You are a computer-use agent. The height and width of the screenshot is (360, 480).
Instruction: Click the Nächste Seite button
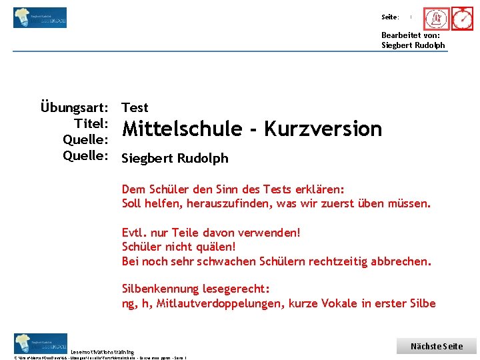[437, 346]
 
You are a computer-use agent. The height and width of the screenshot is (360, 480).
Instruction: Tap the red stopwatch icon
[462, 19]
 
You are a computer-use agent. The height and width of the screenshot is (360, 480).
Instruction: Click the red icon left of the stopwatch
[437, 19]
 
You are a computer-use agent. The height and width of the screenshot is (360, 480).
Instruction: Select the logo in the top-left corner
[40, 17]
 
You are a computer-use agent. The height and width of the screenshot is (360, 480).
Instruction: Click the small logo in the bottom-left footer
[40, 343]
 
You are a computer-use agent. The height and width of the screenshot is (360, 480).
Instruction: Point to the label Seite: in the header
[390, 17]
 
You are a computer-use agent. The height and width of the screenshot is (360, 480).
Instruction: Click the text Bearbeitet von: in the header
[410, 35]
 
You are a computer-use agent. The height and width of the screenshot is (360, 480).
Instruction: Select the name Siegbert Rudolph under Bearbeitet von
[413, 45]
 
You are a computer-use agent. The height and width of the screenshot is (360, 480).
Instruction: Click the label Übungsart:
[75, 107]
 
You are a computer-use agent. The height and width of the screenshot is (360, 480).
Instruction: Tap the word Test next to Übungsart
[135, 107]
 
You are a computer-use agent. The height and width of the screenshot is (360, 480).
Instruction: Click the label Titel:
[92, 123]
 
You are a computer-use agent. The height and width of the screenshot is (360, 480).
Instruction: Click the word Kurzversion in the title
[323, 129]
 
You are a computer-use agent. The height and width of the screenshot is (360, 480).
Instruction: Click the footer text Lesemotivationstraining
[103, 352]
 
